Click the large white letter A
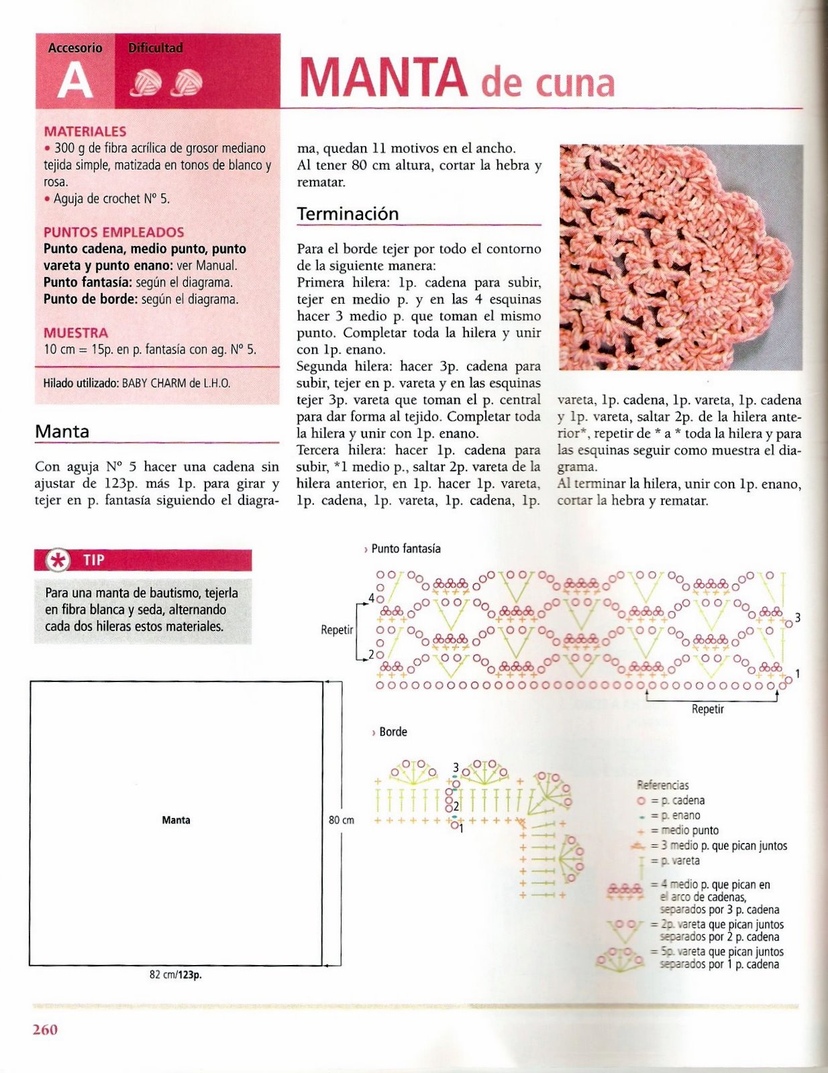click(x=74, y=82)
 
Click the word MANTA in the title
click(x=382, y=78)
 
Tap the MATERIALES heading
click(x=85, y=131)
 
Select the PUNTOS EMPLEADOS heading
click(x=113, y=232)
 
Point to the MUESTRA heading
click(x=75, y=333)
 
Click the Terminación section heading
click(x=348, y=214)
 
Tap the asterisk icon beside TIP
click(x=58, y=560)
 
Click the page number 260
click(x=45, y=1029)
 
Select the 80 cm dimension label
click(x=342, y=820)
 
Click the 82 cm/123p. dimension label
click(x=175, y=975)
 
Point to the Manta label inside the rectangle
click(x=176, y=820)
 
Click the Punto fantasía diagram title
click(x=405, y=549)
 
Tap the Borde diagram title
click(x=393, y=732)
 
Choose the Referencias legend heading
click(x=662, y=785)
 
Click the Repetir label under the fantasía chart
click(x=707, y=709)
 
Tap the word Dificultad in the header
click(x=155, y=48)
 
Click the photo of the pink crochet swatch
click(x=680, y=257)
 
